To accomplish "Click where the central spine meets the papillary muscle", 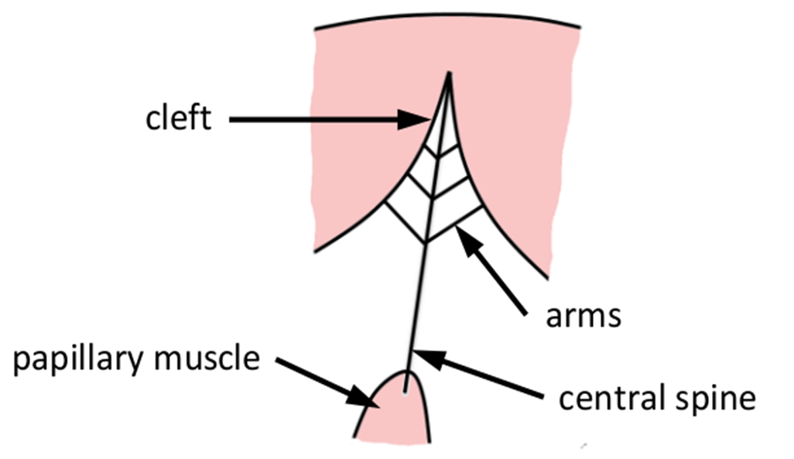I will click(x=406, y=372).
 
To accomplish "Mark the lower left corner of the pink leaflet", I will click(x=314, y=251).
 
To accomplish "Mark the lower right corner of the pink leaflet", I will click(x=549, y=275).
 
